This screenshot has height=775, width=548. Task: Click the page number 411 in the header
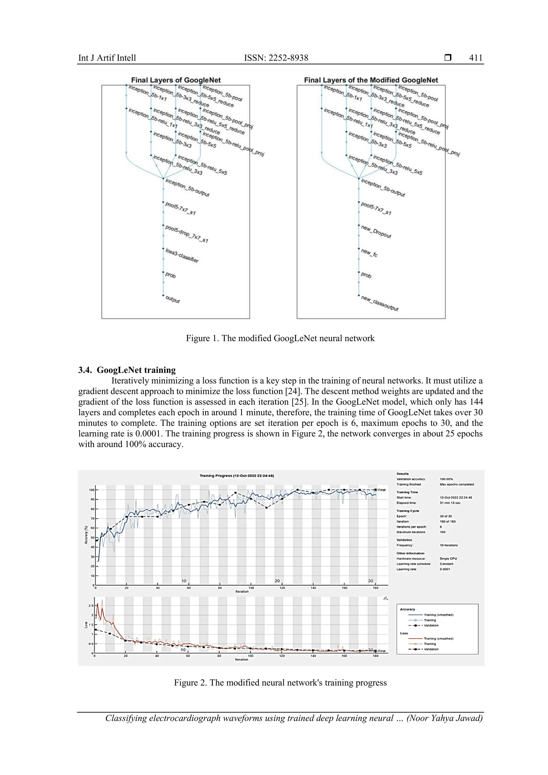click(475, 58)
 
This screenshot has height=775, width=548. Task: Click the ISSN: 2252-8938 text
click(276, 58)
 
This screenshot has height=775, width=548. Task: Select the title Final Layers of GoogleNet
click(176, 80)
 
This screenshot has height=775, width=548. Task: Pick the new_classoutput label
click(379, 303)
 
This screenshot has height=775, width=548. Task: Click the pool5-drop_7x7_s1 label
click(186, 234)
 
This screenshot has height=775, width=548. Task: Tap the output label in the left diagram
click(172, 299)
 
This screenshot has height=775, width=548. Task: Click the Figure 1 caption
click(280, 338)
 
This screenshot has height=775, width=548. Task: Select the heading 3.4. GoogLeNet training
click(127, 370)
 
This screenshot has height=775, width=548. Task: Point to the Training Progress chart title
click(237, 476)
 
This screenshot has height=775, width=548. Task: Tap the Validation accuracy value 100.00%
click(446, 479)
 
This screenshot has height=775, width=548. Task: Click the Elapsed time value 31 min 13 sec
click(450, 503)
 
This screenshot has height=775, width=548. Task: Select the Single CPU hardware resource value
click(448, 559)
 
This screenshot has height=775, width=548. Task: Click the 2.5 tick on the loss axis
click(91, 606)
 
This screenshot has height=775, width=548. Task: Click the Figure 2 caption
click(280, 682)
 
